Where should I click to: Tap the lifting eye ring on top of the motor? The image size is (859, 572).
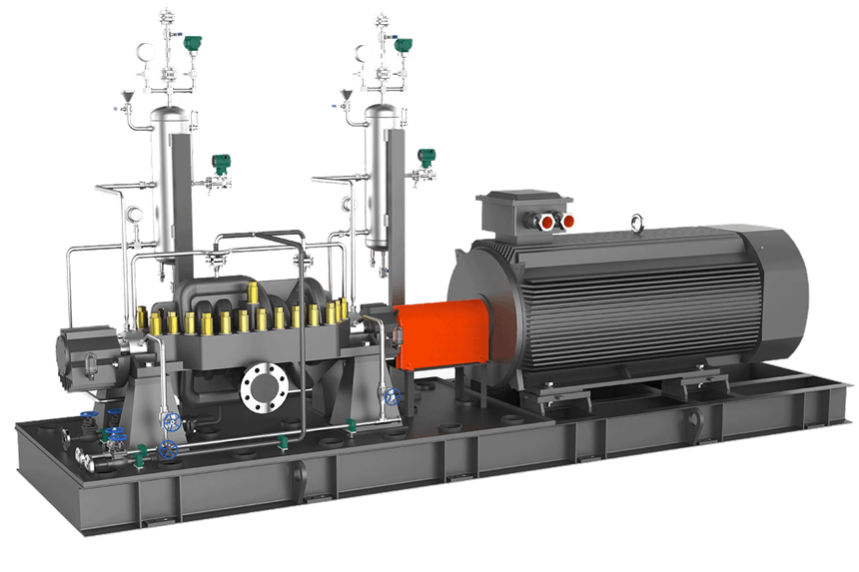click(x=635, y=223)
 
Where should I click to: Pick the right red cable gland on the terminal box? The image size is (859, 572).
click(x=569, y=219)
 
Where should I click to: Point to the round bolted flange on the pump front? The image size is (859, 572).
click(x=264, y=384)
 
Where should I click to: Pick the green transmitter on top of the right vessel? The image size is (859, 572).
click(x=404, y=44)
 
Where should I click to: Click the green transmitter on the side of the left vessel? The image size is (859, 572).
click(x=220, y=164)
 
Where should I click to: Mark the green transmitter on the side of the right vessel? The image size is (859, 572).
click(x=428, y=158)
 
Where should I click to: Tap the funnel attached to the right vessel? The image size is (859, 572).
click(x=347, y=98)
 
